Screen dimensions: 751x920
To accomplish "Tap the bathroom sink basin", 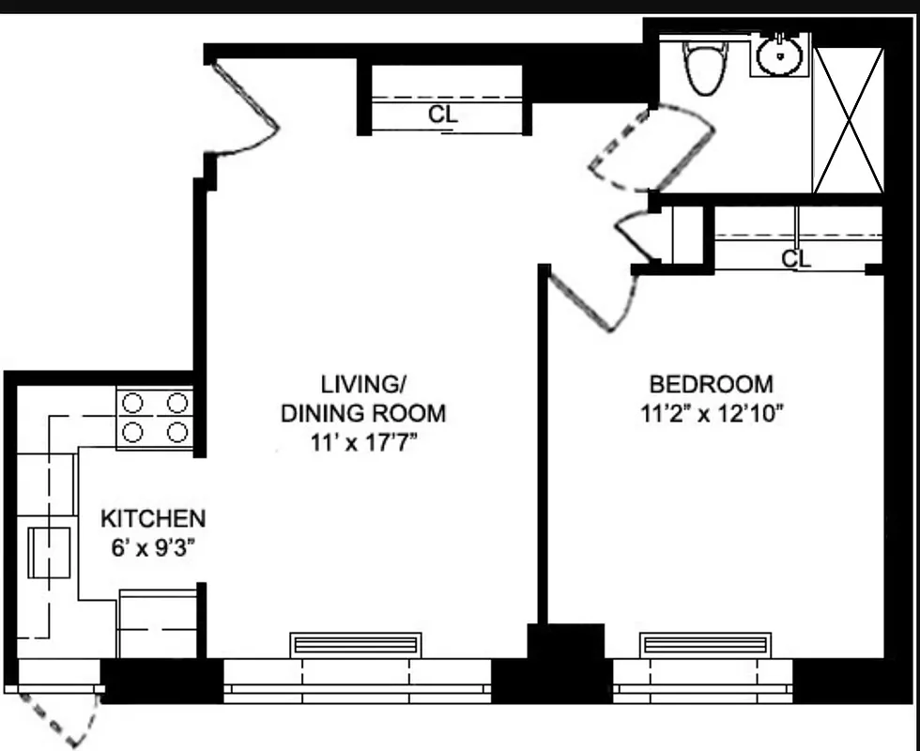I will [x=778, y=57].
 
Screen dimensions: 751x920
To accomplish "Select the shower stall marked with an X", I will [x=848, y=120].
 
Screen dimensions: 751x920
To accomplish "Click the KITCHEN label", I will [x=153, y=518].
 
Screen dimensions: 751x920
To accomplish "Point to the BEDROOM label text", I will [x=712, y=384].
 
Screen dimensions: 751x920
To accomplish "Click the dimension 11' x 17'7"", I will [x=363, y=442].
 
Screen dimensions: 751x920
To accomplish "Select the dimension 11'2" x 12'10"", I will [x=712, y=413].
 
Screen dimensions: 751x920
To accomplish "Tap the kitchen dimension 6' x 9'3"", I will [x=153, y=547].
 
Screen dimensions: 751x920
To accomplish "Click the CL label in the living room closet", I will [x=442, y=115].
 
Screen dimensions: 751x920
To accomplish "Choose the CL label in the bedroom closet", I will [x=796, y=258].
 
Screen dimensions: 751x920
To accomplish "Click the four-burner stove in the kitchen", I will [x=154, y=418].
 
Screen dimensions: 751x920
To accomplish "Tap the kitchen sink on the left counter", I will [x=49, y=552].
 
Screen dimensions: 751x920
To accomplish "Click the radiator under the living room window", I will [x=356, y=645].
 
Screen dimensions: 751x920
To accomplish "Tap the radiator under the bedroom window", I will [x=705, y=645].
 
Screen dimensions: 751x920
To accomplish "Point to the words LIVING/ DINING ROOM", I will [x=363, y=398].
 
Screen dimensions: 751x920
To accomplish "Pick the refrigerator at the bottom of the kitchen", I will [x=157, y=623].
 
